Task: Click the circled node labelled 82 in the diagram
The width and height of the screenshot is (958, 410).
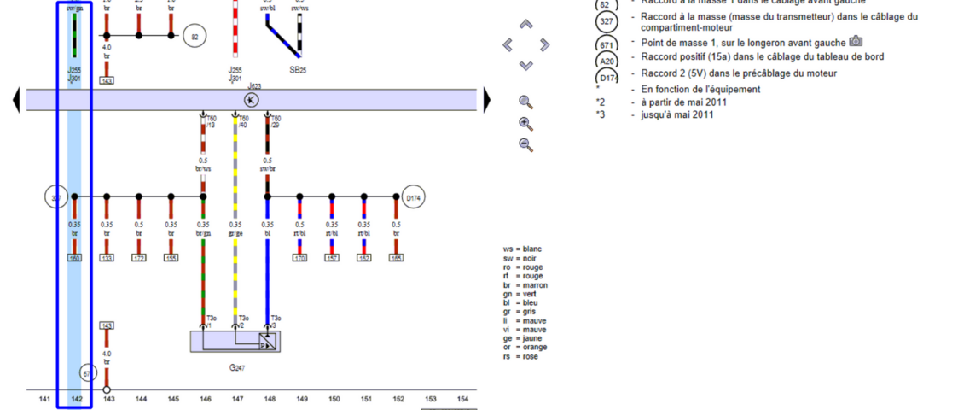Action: click(x=195, y=37)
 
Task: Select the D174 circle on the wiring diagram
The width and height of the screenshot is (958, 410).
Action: click(x=414, y=198)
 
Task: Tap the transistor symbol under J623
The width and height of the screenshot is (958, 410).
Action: click(x=252, y=100)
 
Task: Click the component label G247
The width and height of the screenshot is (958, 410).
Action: click(x=235, y=369)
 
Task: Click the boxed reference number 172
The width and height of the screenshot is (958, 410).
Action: click(x=139, y=256)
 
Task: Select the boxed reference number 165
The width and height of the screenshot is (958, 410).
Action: click(x=396, y=256)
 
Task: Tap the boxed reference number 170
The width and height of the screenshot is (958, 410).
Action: click(x=299, y=256)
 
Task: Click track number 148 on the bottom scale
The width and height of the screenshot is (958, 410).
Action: click(x=270, y=399)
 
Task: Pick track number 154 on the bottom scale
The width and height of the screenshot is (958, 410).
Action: click(x=462, y=399)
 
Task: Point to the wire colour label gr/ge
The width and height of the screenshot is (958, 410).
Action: click(x=235, y=234)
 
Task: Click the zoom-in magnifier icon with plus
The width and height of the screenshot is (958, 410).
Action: click(x=526, y=123)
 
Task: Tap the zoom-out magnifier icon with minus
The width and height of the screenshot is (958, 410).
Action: click(x=526, y=144)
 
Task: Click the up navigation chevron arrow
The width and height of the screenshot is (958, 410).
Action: click(x=525, y=25)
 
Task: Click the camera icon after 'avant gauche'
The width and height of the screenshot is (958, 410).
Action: click(x=856, y=42)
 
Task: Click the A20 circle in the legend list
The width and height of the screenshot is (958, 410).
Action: click(x=607, y=61)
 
